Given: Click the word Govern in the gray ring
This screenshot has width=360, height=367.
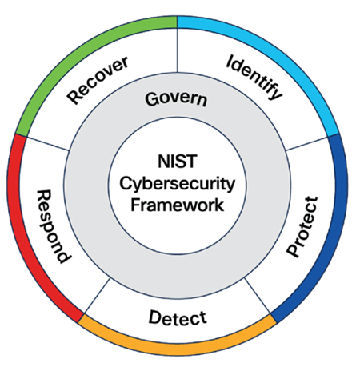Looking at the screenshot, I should click(x=177, y=101).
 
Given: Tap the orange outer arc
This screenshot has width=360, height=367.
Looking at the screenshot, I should click(x=177, y=351).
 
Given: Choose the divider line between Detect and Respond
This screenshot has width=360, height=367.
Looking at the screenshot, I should click(x=96, y=297).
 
